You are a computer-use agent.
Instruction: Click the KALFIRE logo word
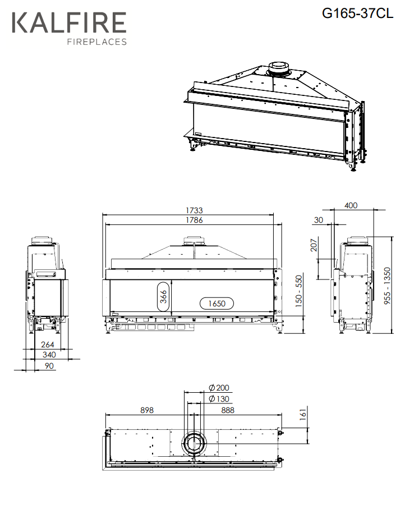69,22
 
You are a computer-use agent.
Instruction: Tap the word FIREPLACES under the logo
97,42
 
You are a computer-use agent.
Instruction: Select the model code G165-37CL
357,13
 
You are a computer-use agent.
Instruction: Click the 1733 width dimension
194,210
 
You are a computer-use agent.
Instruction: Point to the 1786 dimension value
194,220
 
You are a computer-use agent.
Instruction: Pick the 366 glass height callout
164,296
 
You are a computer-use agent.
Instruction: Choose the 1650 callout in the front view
217,304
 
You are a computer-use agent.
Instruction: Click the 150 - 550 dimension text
299,291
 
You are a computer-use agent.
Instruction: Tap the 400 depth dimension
351,205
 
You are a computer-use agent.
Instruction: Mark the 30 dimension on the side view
319,220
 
